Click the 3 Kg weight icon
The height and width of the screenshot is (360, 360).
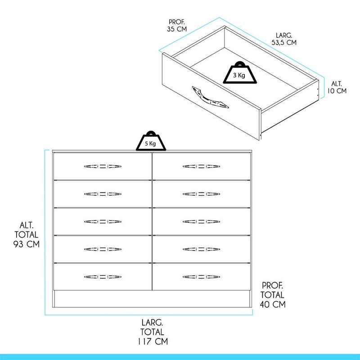(240, 72)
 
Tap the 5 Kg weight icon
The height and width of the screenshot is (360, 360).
(151, 141)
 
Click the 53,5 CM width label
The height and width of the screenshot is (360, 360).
(284, 42)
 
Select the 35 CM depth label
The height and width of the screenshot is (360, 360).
(177, 29)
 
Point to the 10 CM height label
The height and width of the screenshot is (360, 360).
(337, 91)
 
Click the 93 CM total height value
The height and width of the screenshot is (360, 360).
(27, 244)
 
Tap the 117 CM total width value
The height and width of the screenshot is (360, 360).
(153, 342)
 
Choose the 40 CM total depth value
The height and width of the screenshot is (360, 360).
(273, 305)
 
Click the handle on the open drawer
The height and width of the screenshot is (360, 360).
(210, 97)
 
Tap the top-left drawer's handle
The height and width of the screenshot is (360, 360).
(103, 166)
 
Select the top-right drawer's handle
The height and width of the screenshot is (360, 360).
(201, 166)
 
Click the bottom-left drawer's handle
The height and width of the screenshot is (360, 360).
(103, 277)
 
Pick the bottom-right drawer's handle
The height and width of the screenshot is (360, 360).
(201, 277)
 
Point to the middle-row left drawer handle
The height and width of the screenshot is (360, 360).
(103, 221)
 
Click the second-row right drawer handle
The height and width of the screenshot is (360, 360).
(201, 194)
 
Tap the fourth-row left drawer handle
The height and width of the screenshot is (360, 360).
(103, 249)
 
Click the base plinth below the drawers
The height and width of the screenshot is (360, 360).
(152, 299)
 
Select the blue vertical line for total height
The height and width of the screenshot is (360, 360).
(45, 232)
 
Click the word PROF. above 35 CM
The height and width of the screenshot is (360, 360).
(177, 22)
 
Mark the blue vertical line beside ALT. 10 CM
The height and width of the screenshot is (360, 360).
(324, 88)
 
